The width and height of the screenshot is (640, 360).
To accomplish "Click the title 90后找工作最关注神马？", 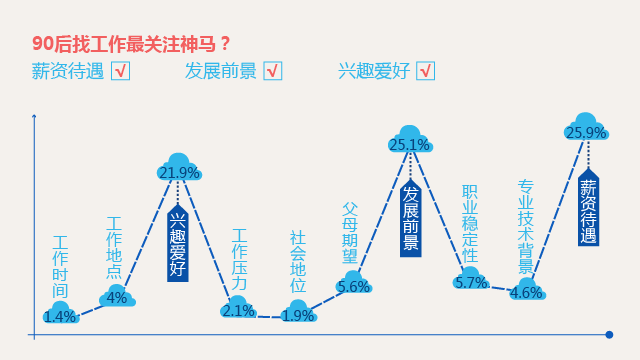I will tap(132, 43).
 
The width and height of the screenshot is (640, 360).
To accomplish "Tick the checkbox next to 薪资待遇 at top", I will tap(120, 71).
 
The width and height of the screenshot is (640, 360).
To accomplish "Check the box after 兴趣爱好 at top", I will tap(426, 71).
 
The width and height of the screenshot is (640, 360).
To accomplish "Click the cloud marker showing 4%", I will tap(116, 296).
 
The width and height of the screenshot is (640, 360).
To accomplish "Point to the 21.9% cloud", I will tap(179, 168).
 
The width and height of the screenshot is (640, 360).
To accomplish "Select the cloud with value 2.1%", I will tap(238, 308).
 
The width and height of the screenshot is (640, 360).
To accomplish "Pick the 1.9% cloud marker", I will tap(298, 312).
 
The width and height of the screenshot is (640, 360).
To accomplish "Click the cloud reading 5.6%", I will tap(354, 284).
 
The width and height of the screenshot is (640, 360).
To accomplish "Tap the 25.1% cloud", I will tap(409, 141).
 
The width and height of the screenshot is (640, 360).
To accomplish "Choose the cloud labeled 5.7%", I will tap(471, 279).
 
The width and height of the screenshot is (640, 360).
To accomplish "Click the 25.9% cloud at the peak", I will tap(587, 129).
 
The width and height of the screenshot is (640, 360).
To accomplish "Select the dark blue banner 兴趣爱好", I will tap(178, 243).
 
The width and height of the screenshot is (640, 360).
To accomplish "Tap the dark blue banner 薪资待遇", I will tap(588, 210).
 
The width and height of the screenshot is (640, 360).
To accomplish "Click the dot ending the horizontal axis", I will tap(610, 334).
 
